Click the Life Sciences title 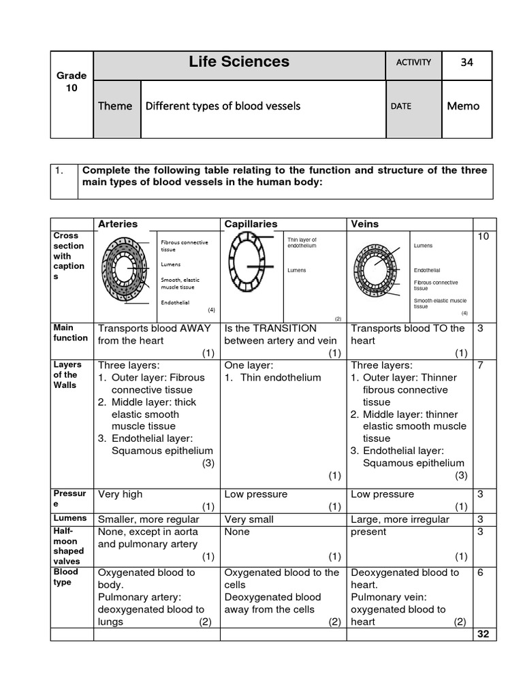(x=238, y=62)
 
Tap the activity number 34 (x=466, y=63)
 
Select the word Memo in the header (x=463, y=106)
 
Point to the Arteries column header (x=118, y=224)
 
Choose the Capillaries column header (x=250, y=224)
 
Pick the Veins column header (x=364, y=224)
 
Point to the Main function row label (x=70, y=333)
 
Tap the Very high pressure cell (x=121, y=494)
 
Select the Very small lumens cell (x=249, y=519)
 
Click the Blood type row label (x=66, y=577)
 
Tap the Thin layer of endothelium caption (x=302, y=242)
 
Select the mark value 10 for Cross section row (x=484, y=236)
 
